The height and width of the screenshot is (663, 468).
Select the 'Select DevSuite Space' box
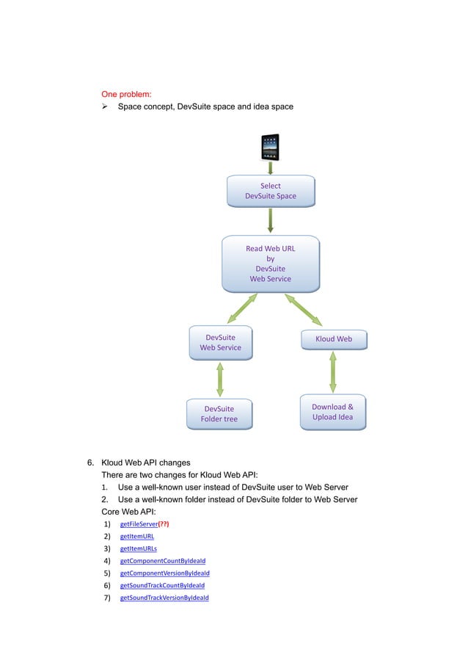271,191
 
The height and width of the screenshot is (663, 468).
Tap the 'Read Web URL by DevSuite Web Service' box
271,264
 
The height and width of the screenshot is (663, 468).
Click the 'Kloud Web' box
333,339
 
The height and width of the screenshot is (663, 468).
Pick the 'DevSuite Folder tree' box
219,414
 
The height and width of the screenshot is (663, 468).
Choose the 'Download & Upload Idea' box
333,412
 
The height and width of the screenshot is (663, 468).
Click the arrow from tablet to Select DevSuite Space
270,167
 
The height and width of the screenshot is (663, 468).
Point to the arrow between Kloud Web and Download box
333,372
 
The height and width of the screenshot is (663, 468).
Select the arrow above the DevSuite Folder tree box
220,379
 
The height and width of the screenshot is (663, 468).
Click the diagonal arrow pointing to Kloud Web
304,310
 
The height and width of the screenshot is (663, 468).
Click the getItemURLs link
138,548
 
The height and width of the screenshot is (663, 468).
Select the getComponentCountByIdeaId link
162,561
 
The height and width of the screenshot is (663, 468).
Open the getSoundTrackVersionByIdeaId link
164,598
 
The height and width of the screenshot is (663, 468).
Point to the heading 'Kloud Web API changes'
145,463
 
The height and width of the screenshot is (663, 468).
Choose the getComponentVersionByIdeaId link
164,573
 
